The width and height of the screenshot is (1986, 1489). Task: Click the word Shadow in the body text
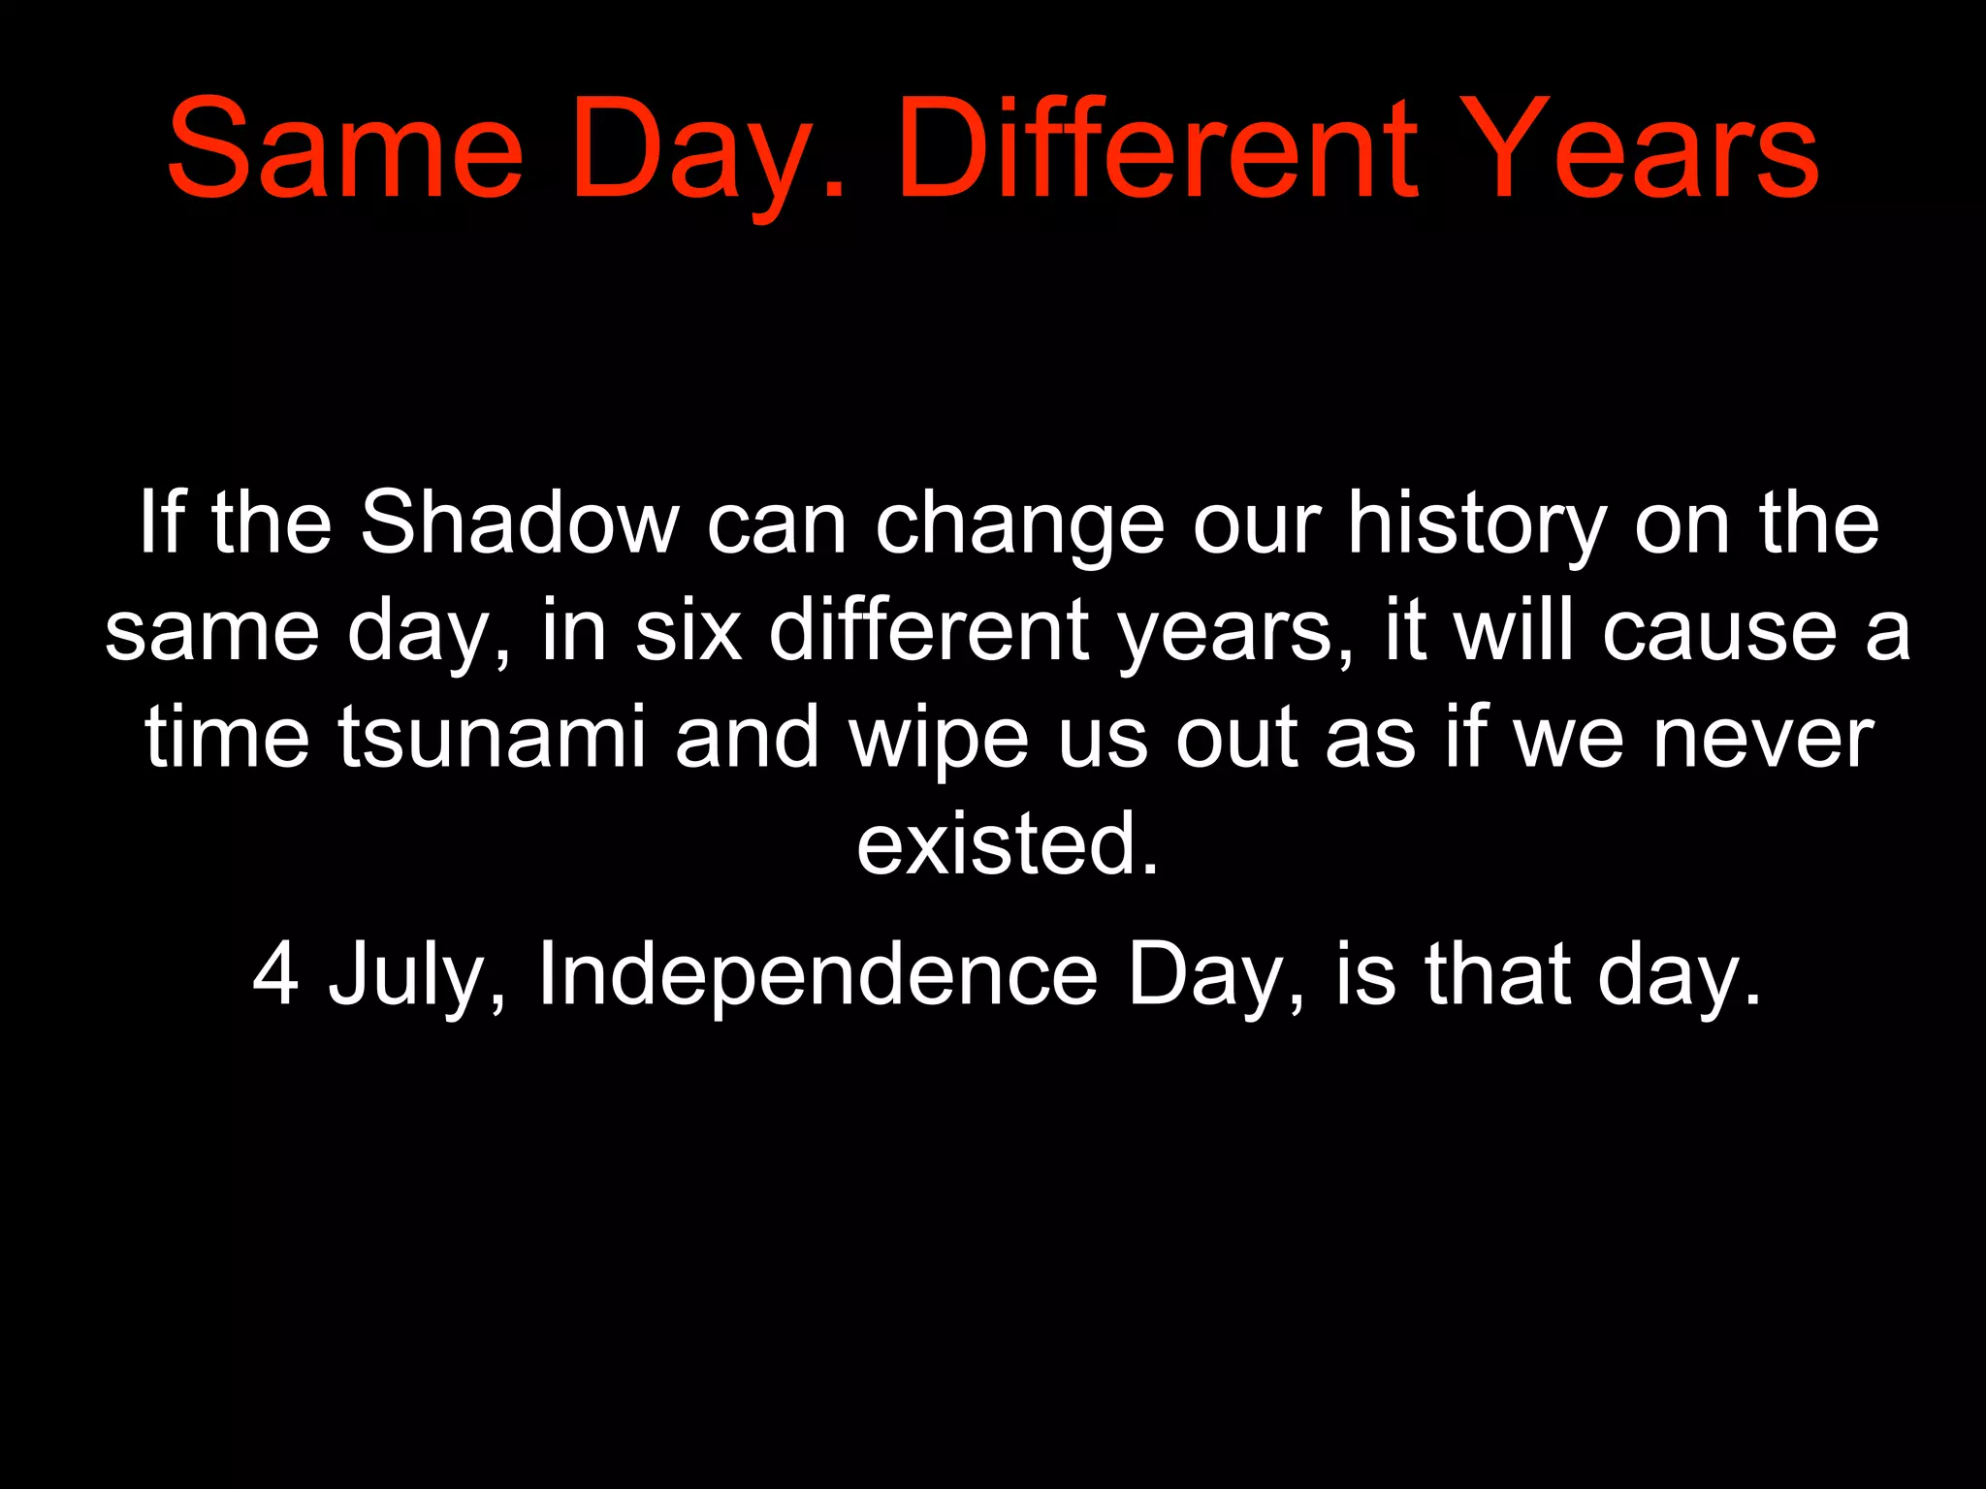click(x=520, y=523)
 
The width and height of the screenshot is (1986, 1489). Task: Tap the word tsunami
click(x=492, y=739)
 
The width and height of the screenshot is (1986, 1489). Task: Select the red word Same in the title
click(x=345, y=151)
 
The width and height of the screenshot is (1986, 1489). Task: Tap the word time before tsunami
click(x=227, y=739)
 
